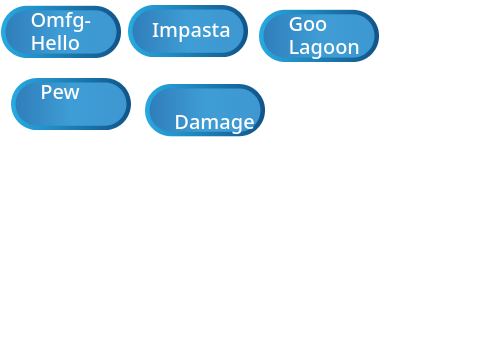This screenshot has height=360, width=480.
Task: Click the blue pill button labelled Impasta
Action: (x=188, y=31)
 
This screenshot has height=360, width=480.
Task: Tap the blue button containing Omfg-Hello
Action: (x=61, y=32)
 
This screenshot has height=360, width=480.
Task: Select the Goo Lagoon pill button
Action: (x=319, y=36)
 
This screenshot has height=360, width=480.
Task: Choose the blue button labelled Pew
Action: (x=71, y=104)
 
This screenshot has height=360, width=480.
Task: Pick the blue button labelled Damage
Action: (x=205, y=110)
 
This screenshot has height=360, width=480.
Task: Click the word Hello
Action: (x=55, y=43)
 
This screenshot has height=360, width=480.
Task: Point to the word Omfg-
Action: (x=61, y=22)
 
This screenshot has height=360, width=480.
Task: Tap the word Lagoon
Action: (x=324, y=47)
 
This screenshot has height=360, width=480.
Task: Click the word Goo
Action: (x=308, y=24)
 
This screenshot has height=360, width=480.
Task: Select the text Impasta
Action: (x=191, y=31)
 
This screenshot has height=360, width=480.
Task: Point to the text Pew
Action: (x=60, y=92)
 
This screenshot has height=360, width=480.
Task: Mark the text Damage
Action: (x=214, y=122)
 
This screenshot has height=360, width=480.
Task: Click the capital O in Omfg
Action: (x=38, y=20)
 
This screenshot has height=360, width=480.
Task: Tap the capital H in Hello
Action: (x=37, y=43)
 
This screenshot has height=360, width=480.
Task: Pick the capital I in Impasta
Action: (x=154, y=30)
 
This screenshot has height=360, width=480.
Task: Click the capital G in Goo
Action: (x=295, y=24)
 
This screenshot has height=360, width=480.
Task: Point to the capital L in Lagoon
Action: (x=293, y=47)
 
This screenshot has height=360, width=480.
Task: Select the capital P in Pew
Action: (x=46, y=92)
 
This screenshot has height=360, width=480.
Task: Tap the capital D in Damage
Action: (x=181, y=122)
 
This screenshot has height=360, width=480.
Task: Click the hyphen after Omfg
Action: (x=87, y=23)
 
